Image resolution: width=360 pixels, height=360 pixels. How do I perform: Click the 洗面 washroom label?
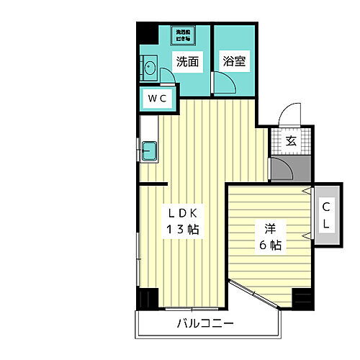(x=187, y=61)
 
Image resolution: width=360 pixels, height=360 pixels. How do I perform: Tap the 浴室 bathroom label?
(x=234, y=61)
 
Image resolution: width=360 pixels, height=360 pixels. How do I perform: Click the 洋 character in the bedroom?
(x=270, y=229)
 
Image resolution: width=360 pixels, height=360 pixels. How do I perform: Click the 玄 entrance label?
(x=291, y=141)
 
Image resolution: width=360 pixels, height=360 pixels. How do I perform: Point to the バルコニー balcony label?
(x=205, y=324)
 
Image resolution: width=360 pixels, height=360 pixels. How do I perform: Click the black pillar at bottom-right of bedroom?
(x=302, y=298)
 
